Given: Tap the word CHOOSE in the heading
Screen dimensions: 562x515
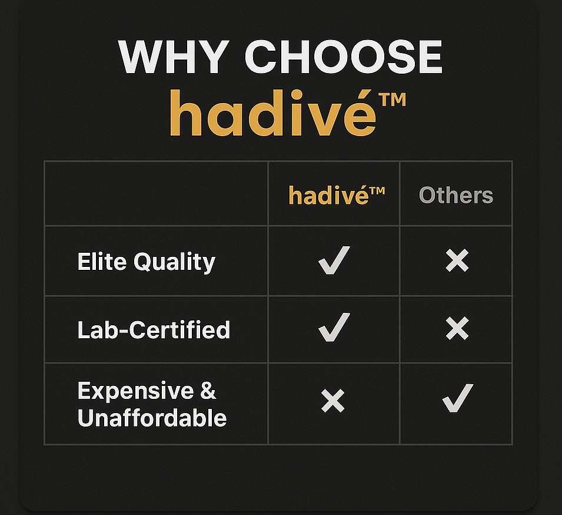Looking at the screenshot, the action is pyautogui.click(x=343, y=57).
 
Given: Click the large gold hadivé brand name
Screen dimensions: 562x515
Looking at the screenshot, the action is pyautogui.click(x=272, y=113).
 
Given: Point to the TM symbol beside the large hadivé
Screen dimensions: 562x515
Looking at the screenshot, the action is pyautogui.click(x=394, y=100).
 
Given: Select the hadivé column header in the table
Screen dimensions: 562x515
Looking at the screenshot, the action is pyautogui.click(x=337, y=195).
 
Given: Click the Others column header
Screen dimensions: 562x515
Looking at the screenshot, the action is pyautogui.click(x=456, y=195).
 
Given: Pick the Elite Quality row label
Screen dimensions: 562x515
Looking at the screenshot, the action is pyautogui.click(x=146, y=262).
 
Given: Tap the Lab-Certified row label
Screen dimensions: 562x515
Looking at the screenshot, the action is pyautogui.click(x=154, y=330).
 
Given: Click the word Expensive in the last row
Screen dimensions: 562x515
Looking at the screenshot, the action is pyautogui.click(x=135, y=391).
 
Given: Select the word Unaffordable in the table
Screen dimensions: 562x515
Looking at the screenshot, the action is pyautogui.click(x=152, y=418).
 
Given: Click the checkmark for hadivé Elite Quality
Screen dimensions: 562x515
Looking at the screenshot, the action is pyautogui.click(x=334, y=260).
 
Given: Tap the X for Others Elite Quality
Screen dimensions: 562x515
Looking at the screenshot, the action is pyautogui.click(x=457, y=260).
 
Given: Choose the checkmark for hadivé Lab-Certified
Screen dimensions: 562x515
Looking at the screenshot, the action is pyautogui.click(x=334, y=327).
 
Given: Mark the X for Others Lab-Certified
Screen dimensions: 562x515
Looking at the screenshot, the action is pyautogui.click(x=457, y=328).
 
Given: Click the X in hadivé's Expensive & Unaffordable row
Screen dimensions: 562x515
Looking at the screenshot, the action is pyautogui.click(x=333, y=401).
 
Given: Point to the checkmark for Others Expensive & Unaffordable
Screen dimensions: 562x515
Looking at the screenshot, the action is pyautogui.click(x=457, y=398).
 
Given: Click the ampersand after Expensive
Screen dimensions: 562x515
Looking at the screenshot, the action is pyautogui.click(x=208, y=391).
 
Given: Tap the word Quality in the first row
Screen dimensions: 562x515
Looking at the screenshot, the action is pyautogui.click(x=175, y=262).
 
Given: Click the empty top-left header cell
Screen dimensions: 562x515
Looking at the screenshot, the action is pyautogui.click(x=157, y=193).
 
